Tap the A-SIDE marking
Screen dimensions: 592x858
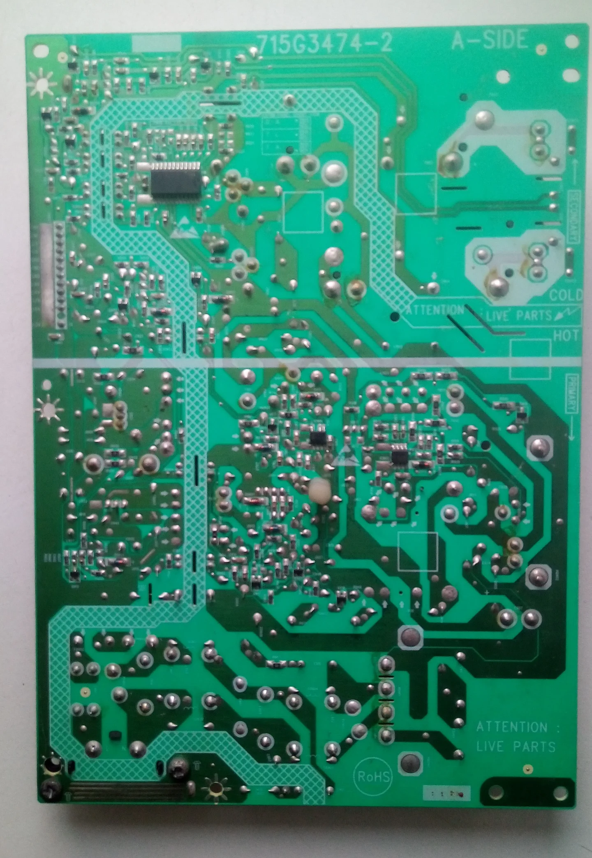(489, 40)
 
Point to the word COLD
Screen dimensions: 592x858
(566, 295)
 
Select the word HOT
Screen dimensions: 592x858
(566, 335)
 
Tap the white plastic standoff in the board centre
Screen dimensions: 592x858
(319, 492)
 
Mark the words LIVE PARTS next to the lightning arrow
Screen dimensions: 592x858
(519, 316)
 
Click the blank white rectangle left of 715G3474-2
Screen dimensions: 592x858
(156, 42)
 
